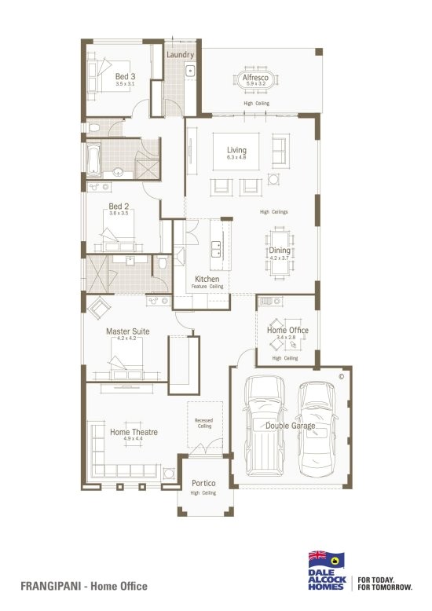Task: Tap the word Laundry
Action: pos(181,55)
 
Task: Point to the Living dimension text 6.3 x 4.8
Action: pos(236,158)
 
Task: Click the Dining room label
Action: pos(280,250)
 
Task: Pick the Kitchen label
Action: pos(207,280)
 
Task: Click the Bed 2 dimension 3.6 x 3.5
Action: pos(119,213)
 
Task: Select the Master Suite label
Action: pos(127,331)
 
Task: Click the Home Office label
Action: pos(287,331)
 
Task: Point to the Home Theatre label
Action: pos(134,432)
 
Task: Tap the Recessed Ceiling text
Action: pos(204,423)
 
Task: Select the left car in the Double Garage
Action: pos(264,425)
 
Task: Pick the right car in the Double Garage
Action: pos(318,425)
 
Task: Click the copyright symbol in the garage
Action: pos(342,376)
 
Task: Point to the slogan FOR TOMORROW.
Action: pos(385,587)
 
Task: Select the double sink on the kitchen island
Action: pos(215,248)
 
